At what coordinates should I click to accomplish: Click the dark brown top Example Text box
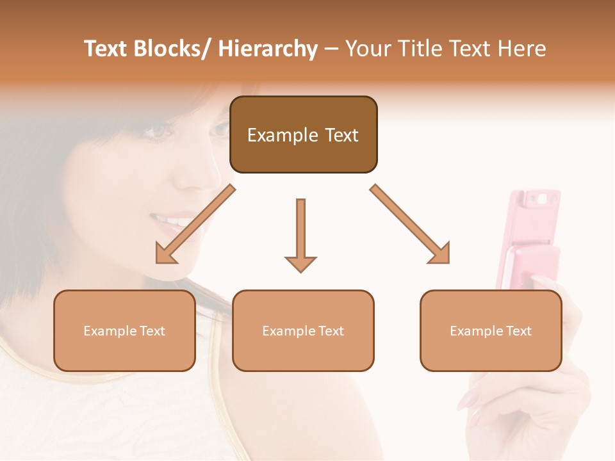[303, 135]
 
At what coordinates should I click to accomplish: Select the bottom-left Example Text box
[124, 330]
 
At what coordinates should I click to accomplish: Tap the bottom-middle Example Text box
[303, 330]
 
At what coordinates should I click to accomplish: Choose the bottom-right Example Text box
[491, 330]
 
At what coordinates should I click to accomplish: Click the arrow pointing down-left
[193, 225]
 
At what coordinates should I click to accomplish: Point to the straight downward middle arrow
[300, 234]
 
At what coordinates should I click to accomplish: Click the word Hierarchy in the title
[268, 49]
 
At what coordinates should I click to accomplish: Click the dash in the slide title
[331, 49]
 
